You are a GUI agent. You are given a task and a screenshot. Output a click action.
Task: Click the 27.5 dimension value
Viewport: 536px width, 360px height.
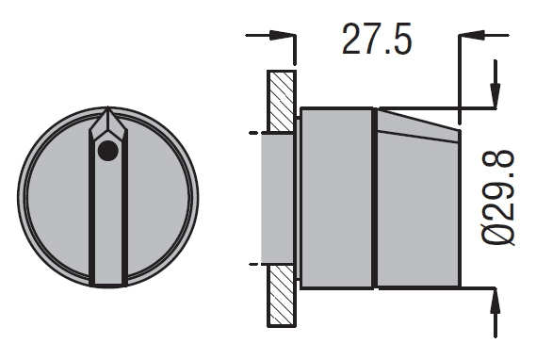(377, 40)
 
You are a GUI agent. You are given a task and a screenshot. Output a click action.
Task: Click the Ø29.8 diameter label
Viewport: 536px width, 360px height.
(498, 198)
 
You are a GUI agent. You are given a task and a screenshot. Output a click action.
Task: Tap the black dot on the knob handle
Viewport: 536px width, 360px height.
(108, 151)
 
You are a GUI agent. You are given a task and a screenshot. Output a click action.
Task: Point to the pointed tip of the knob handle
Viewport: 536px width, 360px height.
(108, 107)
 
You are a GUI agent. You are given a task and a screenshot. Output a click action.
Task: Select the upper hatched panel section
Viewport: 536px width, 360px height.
(282, 101)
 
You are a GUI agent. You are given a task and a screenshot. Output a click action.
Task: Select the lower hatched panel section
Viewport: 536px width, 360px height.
(282, 296)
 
